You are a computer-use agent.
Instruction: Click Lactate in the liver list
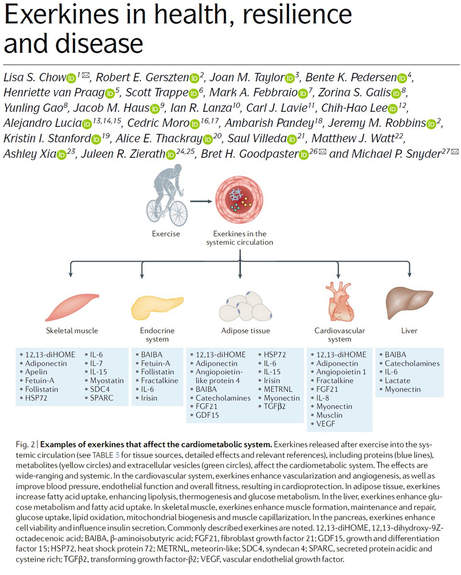click(397, 380)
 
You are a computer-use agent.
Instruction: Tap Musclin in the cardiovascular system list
click(330, 415)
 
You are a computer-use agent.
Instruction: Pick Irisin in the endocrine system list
click(149, 398)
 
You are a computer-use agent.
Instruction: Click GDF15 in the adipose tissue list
click(207, 415)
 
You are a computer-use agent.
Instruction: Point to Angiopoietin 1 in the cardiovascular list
click(341, 372)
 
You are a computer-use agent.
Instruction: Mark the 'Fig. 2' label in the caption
click(16, 444)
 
